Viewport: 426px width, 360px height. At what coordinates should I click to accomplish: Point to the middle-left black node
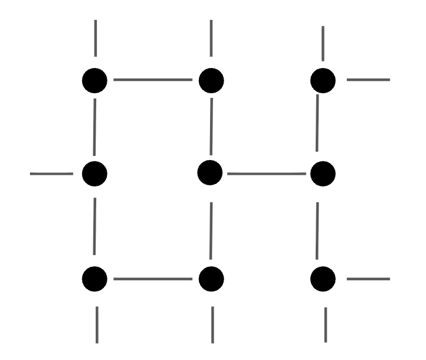point(94,173)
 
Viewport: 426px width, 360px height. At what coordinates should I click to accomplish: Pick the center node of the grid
point(210,172)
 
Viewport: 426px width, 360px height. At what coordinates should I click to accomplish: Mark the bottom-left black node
point(95,279)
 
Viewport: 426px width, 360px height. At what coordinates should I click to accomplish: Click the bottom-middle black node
point(211,279)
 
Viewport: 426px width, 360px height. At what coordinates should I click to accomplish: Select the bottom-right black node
point(323,278)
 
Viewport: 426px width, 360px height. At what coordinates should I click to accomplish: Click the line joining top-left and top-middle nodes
point(153,79)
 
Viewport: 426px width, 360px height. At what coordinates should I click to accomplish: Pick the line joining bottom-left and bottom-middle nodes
point(153,279)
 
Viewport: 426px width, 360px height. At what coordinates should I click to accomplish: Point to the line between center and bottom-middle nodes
point(211,226)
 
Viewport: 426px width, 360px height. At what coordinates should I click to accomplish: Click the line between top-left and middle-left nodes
point(94,126)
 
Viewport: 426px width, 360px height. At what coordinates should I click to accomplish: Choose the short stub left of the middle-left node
point(51,174)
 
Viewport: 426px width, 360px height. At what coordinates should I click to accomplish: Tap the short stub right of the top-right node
point(368,79)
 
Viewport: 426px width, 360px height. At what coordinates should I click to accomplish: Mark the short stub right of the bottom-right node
point(368,279)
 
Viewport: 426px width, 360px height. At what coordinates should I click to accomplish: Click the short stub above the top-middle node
point(211,38)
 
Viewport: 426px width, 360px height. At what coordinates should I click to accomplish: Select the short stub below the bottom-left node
point(97,324)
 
